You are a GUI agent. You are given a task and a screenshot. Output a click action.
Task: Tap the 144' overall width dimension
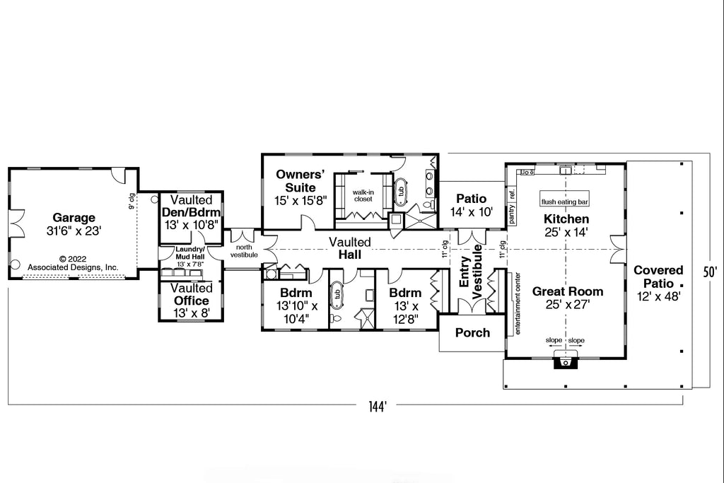coord(377,407)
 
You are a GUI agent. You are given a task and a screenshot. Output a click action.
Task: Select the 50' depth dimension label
coord(710,271)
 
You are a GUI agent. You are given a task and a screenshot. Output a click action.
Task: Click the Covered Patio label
coord(658,283)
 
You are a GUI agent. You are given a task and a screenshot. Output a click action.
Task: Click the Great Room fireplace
coord(564,361)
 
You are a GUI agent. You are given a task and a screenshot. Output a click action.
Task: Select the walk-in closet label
coord(363,195)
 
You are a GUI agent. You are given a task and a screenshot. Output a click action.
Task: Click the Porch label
coord(472,332)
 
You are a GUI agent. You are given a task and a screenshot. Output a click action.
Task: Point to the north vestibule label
coord(243,250)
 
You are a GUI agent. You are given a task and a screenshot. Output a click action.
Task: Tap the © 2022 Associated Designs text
coord(73,263)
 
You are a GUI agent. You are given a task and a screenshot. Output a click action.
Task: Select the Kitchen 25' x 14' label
coord(566,225)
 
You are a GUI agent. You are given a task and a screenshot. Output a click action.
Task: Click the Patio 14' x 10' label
coord(471,205)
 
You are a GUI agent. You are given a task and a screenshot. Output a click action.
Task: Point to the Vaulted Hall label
coord(349,248)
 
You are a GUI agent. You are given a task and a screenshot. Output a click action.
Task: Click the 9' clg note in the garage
coord(132,202)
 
